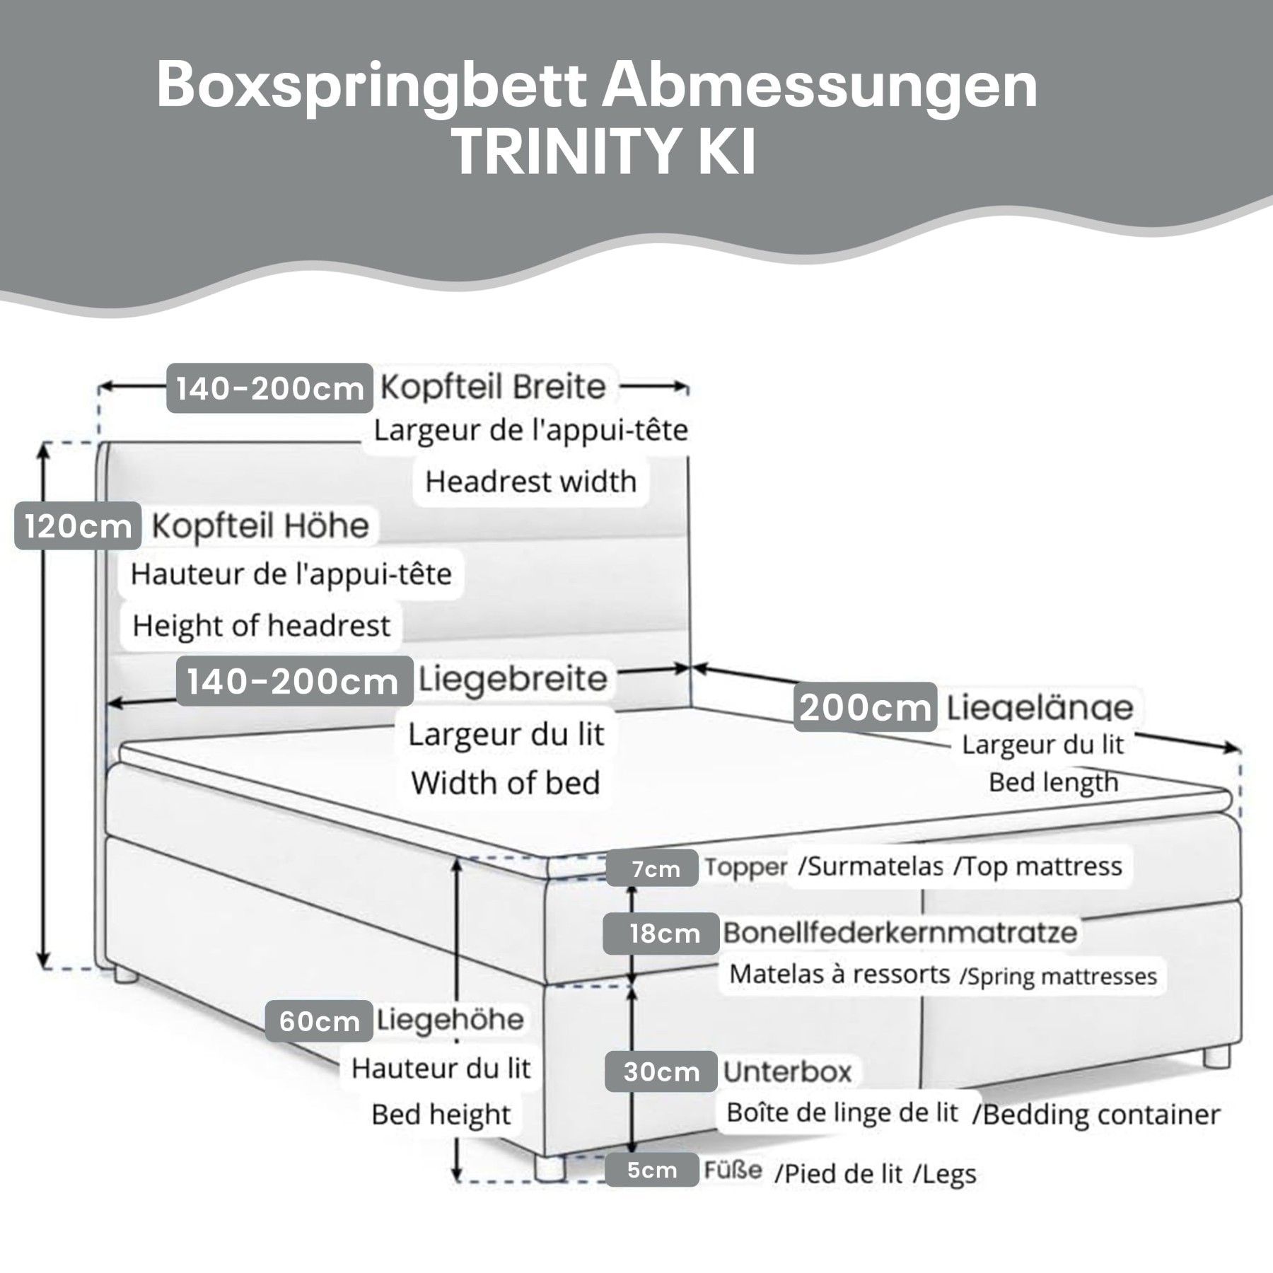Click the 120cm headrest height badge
(78, 526)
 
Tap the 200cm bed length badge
(865, 707)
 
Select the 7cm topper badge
(655, 868)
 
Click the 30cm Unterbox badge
(661, 1072)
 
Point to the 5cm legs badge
(651, 1170)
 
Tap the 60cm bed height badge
(319, 1021)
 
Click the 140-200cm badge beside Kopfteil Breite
(269, 388)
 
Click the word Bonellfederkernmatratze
(900, 932)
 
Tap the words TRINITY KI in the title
(603, 152)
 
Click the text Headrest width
(530, 482)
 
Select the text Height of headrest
(261, 625)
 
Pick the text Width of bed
(505, 783)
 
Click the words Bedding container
(1101, 1115)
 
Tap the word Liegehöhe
(450, 1020)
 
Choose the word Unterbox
(787, 1072)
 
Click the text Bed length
(1053, 782)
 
